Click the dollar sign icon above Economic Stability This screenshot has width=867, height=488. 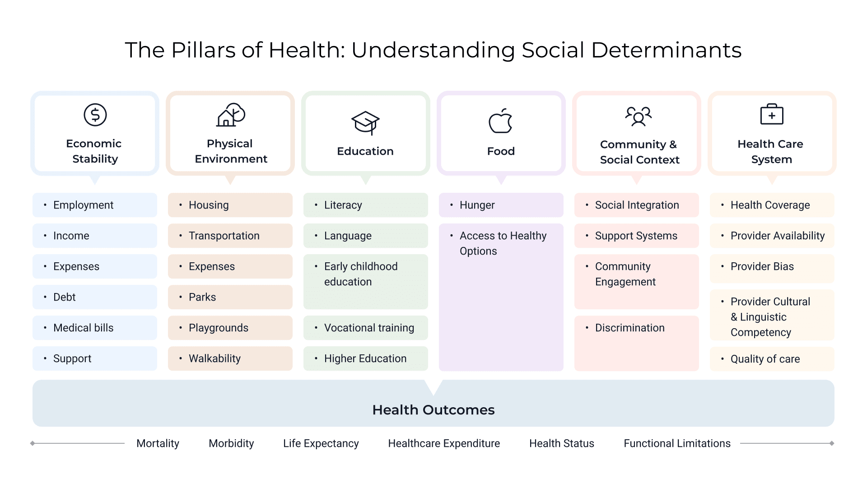[x=95, y=115]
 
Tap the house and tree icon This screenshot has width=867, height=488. [x=231, y=115]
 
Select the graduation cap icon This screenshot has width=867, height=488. [x=365, y=122]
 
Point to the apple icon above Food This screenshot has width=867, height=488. [x=500, y=121]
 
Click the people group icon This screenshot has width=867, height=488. [x=638, y=116]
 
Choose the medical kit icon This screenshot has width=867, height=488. [x=772, y=114]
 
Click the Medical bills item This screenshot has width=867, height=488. [x=84, y=328]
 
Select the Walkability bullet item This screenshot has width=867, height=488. [x=214, y=358]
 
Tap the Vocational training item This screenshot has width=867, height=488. [x=369, y=328]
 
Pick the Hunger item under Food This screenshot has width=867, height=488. [x=477, y=205]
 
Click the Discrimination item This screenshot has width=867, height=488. [x=629, y=328]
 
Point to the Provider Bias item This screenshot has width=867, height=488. [x=762, y=266]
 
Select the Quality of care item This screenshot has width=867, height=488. [x=765, y=359]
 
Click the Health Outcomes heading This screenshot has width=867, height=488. [x=433, y=409]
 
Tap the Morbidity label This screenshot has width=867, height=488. [x=231, y=443]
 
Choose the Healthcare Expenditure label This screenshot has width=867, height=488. [x=444, y=443]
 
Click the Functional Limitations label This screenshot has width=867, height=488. [x=677, y=443]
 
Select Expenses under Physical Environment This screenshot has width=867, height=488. [x=212, y=266]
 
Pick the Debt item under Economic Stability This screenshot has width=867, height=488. [x=65, y=297]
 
